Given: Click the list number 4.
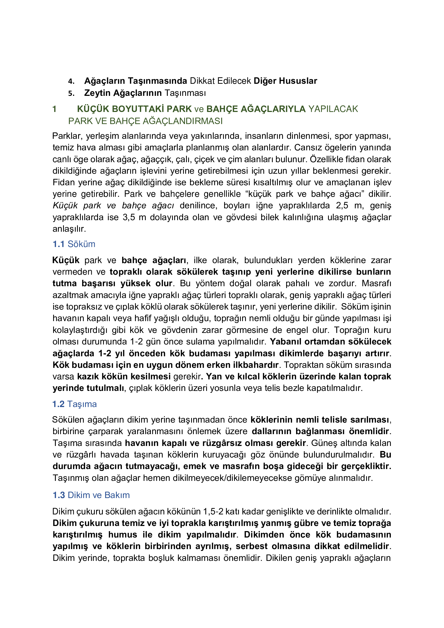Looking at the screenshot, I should pyautogui.click(x=71, y=81).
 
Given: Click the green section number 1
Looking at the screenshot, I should pyautogui.click(x=54, y=109).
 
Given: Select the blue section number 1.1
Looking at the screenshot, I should pyautogui.click(x=59, y=244).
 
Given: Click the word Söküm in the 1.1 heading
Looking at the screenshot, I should pyautogui.click(x=82, y=244).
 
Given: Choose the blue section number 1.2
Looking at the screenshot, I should pyautogui.click(x=59, y=404).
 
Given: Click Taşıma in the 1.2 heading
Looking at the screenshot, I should pyautogui.click(x=82, y=404).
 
